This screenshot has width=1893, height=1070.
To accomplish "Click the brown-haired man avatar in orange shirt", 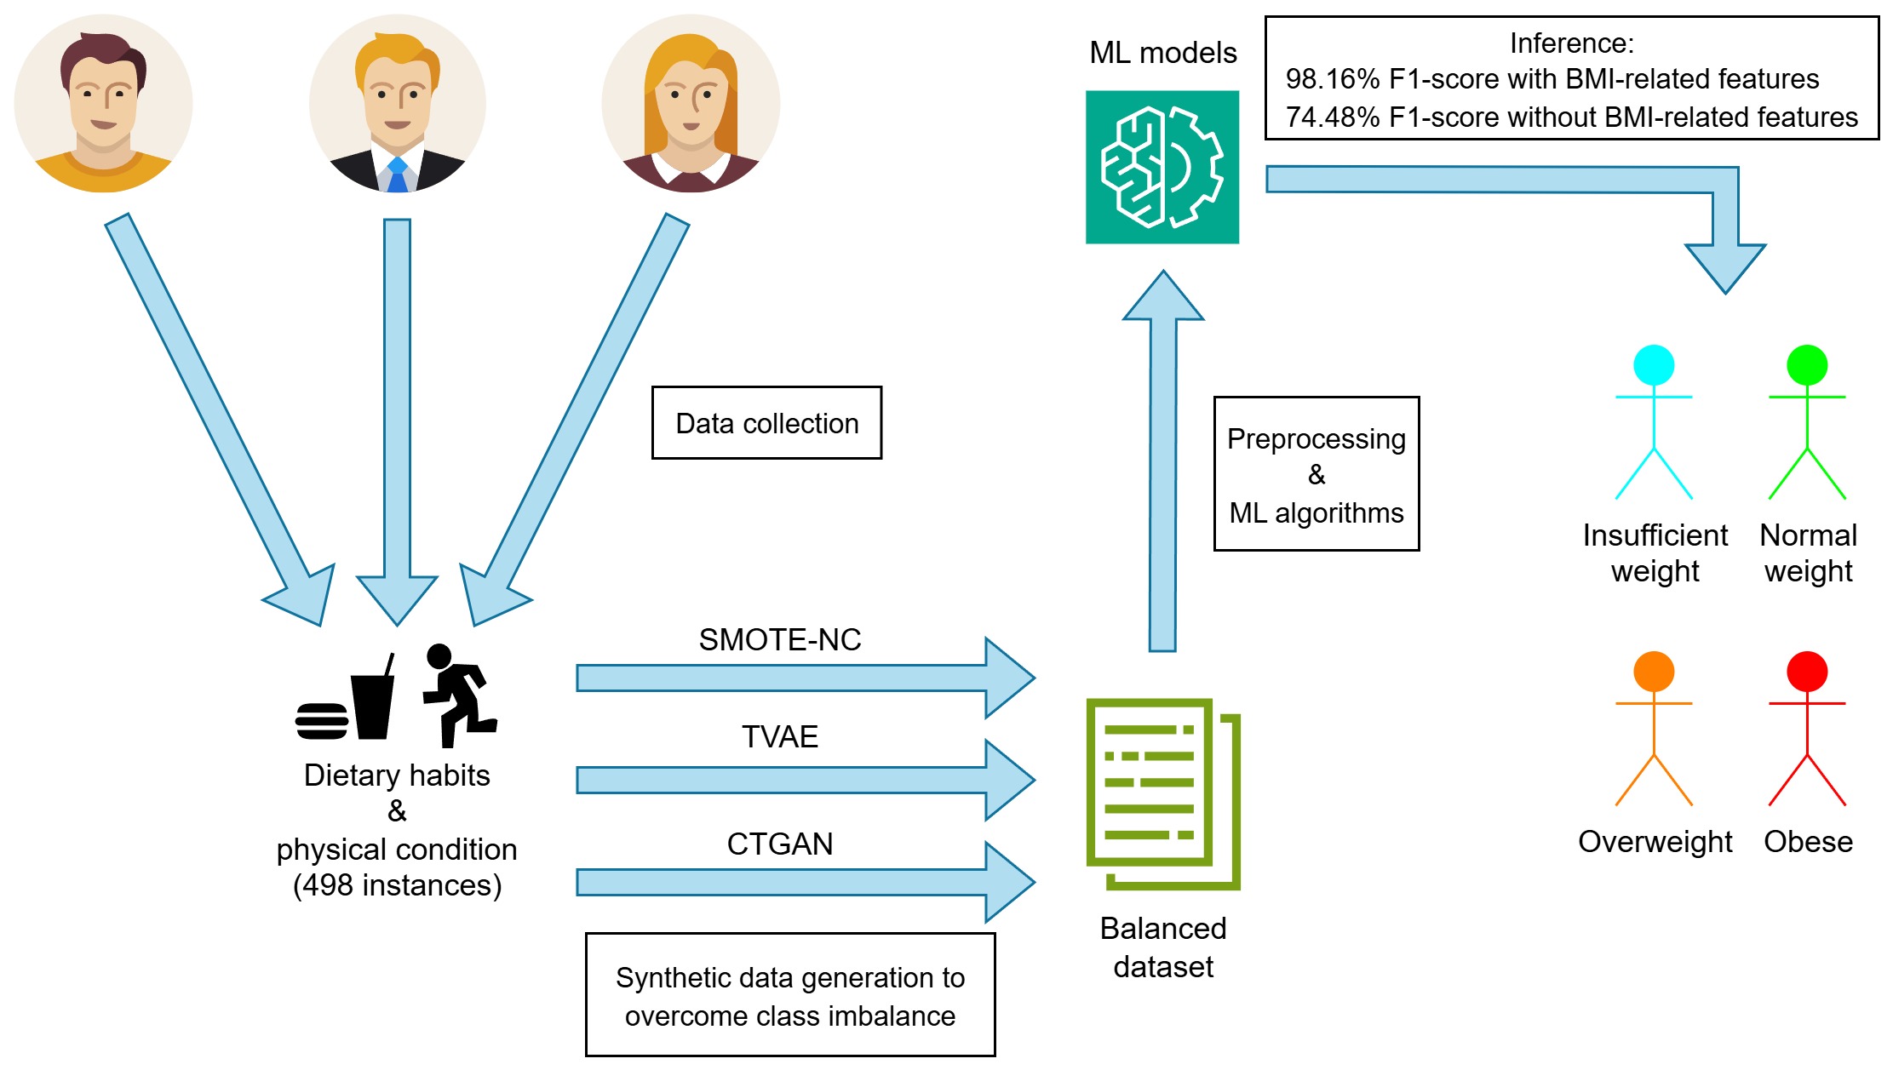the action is pyautogui.click(x=103, y=103).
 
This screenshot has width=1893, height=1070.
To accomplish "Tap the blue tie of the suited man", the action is pyautogui.click(x=397, y=175).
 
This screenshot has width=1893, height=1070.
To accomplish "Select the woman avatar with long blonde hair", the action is pyautogui.click(x=691, y=103).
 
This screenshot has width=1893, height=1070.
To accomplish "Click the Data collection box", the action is pyautogui.click(x=766, y=423).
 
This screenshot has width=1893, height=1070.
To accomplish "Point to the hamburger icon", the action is pyautogui.click(x=321, y=721).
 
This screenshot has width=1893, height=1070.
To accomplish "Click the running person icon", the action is pyautogui.click(x=460, y=695).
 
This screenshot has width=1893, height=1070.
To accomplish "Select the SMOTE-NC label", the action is pyautogui.click(x=780, y=639).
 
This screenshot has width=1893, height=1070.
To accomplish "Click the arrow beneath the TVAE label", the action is pyautogui.click(x=806, y=780).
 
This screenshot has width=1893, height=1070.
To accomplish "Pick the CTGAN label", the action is pyautogui.click(x=780, y=844).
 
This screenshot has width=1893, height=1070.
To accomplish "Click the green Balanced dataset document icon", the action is pyautogui.click(x=1163, y=794).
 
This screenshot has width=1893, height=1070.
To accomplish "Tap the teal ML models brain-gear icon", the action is pyautogui.click(x=1162, y=167).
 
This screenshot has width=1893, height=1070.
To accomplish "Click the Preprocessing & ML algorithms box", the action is pyautogui.click(x=1316, y=474).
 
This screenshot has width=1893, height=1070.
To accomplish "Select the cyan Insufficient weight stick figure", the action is pyautogui.click(x=1654, y=421).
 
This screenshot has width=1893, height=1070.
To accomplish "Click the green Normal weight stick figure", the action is pyautogui.click(x=1807, y=421).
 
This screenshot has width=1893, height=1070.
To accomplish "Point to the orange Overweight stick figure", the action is pyautogui.click(x=1654, y=728).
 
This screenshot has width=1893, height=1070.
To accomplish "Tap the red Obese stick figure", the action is pyautogui.click(x=1807, y=728).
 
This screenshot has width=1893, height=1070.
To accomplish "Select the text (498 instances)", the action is pyautogui.click(x=397, y=885).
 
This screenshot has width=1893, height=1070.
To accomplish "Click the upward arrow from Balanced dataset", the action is pyautogui.click(x=1163, y=461).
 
